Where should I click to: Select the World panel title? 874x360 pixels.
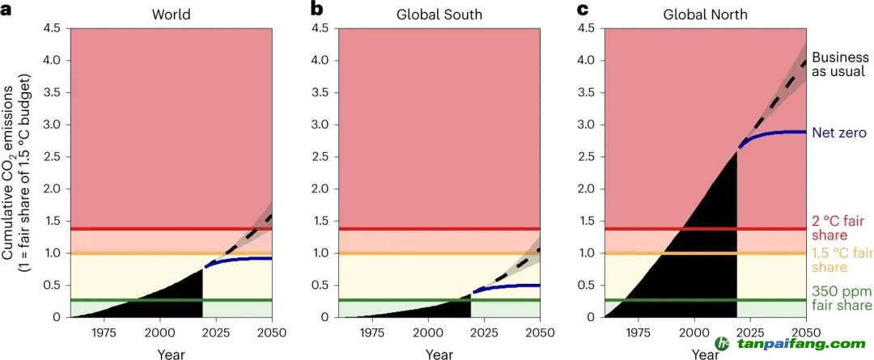click(x=171, y=14)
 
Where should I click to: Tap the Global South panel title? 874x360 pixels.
click(x=439, y=14)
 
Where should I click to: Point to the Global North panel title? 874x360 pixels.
click(x=705, y=14)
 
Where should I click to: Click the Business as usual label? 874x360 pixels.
click(x=839, y=65)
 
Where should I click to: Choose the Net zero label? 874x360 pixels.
click(x=839, y=132)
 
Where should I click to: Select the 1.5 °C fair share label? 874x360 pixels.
click(x=842, y=260)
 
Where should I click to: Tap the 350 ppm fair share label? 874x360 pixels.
click(x=842, y=298)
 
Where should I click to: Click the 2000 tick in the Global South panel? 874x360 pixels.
click(x=427, y=332)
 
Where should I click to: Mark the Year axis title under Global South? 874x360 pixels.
click(x=439, y=354)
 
